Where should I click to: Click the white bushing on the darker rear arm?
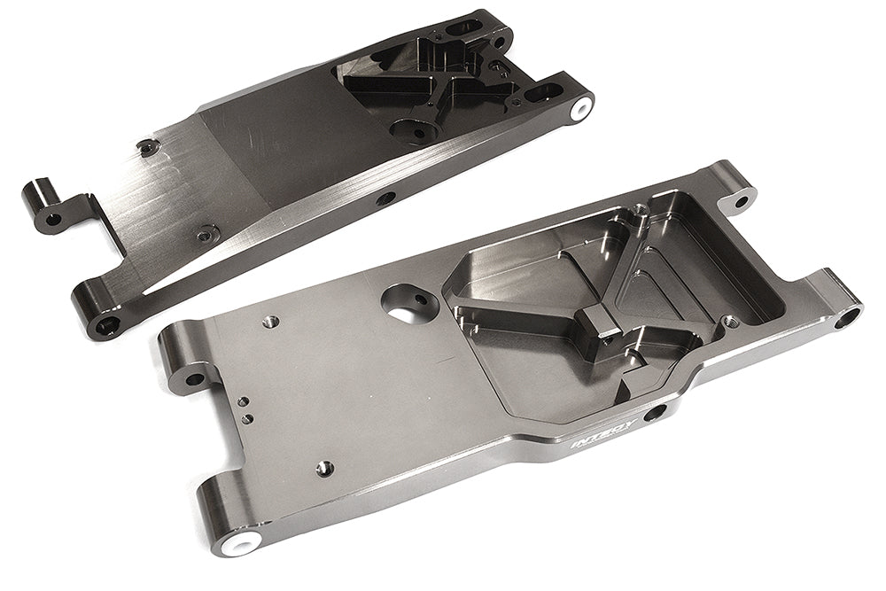[579, 108]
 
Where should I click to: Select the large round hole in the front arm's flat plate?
[405, 304]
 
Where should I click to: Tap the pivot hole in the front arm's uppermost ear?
[740, 198]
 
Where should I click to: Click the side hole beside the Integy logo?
[657, 412]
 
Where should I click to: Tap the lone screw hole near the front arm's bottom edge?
[325, 467]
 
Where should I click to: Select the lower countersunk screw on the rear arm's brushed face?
[207, 234]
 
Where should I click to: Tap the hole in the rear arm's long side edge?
[385, 198]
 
